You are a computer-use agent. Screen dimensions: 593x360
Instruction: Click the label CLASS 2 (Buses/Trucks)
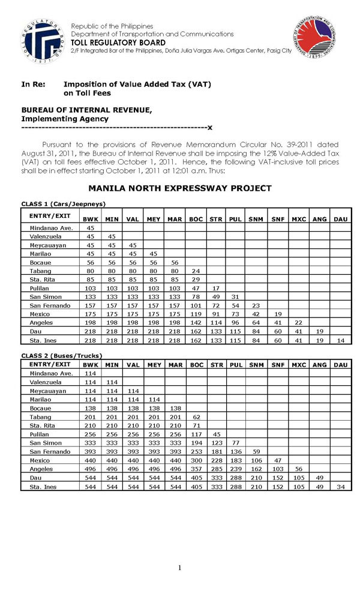coord(62,355)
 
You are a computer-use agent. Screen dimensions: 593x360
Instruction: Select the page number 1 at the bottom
coord(179,568)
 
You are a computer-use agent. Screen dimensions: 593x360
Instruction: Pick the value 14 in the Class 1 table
coord(340,340)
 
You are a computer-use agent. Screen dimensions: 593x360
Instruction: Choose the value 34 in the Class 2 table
coord(340,487)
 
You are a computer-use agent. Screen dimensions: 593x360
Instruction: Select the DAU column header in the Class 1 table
coord(340,219)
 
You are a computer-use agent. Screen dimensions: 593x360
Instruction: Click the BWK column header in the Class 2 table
coord(91,364)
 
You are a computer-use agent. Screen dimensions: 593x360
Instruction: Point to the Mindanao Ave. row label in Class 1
coord(46,228)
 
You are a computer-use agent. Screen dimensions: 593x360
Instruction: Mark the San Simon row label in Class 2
coord(44,443)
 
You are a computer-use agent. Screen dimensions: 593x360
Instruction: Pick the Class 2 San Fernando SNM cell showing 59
coord(256,451)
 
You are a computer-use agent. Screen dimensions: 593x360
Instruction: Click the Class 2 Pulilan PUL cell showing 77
coord(235,443)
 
